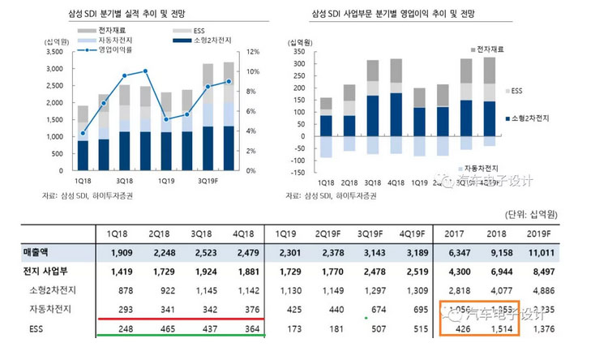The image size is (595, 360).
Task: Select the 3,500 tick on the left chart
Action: point(54,51)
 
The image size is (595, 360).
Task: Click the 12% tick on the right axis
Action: point(251,51)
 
